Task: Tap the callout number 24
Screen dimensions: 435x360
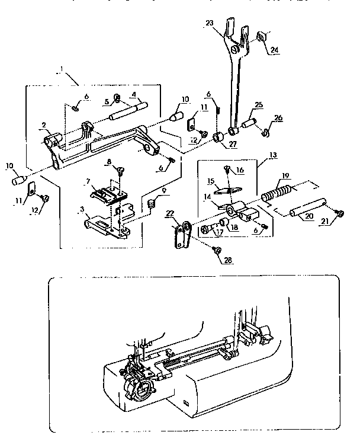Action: point(274,50)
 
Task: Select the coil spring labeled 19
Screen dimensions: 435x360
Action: point(275,193)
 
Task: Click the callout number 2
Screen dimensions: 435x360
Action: point(43,124)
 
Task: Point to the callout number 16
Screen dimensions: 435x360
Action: point(240,169)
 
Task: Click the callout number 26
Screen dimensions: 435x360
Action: point(278,118)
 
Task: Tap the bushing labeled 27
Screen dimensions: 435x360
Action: point(218,138)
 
